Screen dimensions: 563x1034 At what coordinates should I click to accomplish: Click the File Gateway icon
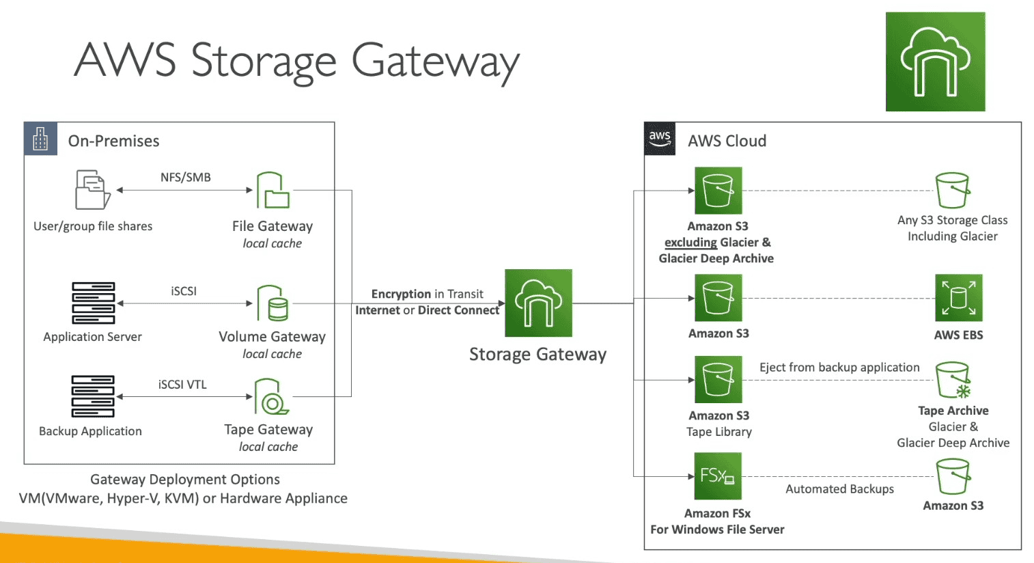(x=273, y=191)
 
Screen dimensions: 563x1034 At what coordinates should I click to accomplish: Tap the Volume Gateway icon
(x=273, y=303)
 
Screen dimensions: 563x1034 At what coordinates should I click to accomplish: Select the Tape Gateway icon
(x=272, y=397)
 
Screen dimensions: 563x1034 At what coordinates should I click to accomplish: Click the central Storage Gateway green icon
(x=538, y=303)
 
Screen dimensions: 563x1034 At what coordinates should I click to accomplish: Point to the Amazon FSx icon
(x=717, y=476)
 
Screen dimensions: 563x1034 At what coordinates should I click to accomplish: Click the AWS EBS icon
(x=958, y=298)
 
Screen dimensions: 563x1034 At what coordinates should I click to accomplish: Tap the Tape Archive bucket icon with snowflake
(x=953, y=380)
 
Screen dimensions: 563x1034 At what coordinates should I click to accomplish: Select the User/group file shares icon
(x=93, y=190)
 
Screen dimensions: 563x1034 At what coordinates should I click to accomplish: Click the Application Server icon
(x=94, y=303)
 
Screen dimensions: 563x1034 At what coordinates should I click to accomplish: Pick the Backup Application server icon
(x=93, y=396)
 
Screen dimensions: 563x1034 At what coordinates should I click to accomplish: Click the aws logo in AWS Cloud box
(x=660, y=139)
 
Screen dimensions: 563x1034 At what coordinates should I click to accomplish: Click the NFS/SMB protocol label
(x=186, y=178)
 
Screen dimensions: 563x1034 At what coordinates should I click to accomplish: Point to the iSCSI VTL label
(x=182, y=385)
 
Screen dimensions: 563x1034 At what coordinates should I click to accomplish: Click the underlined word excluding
(x=690, y=243)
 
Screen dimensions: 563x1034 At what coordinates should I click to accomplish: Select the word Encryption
(x=401, y=294)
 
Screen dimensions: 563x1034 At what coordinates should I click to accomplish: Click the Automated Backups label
(x=839, y=489)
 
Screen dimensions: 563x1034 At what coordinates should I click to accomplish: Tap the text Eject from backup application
(x=839, y=368)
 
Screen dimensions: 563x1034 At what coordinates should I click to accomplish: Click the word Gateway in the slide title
(x=435, y=61)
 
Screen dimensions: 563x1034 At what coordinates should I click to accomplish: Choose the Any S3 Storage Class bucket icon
(x=953, y=190)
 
